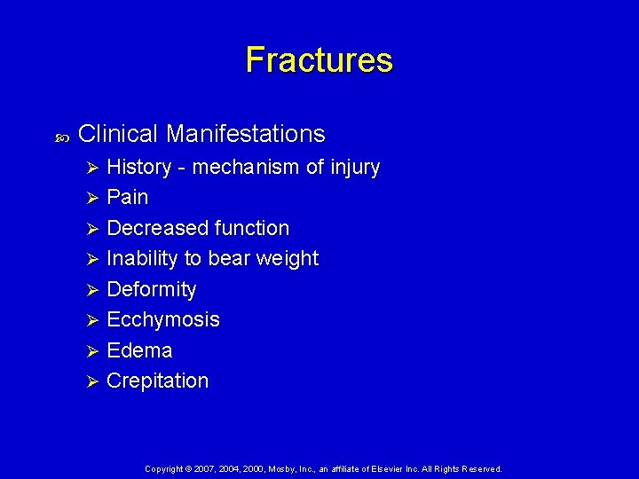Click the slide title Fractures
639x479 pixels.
coord(319,60)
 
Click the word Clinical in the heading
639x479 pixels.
coord(118,134)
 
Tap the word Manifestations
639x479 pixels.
coord(245,134)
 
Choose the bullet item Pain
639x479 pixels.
coord(127,197)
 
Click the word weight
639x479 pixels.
coord(286,259)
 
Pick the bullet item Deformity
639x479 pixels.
coord(151,289)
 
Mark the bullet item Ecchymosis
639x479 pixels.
coord(162,319)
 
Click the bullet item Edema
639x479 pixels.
coord(139,350)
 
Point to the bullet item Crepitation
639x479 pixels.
coord(157,381)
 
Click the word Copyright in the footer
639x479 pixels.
coord(164,468)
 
